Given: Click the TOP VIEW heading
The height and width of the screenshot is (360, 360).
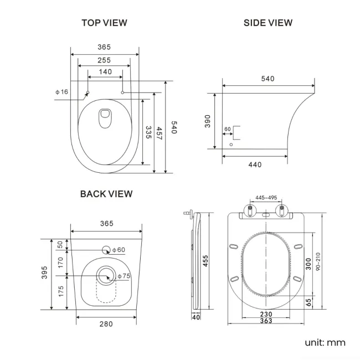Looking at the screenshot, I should (x=104, y=23).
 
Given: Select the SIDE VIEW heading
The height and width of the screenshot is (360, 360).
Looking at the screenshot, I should (x=268, y=23).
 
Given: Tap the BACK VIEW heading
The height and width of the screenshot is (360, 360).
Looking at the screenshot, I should (x=106, y=194).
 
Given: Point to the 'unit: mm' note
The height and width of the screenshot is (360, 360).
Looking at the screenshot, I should (x=325, y=342).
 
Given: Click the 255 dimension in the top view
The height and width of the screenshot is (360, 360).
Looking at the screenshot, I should (x=104, y=60).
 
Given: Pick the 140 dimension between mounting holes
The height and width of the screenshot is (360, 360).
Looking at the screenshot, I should (x=105, y=71).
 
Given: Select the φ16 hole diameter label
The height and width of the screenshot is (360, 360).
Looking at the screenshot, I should (x=61, y=91).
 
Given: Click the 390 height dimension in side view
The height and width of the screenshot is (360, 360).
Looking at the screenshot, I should (x=208, y=121).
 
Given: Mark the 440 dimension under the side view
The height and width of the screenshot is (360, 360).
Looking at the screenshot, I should (x=255, y=164).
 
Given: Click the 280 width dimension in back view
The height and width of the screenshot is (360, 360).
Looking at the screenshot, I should (x=106, y=324).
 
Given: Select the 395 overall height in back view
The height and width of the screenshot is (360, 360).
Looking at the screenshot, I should (x=45, y=274).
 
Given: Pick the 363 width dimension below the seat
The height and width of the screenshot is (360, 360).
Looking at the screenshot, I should (x=266, y=321).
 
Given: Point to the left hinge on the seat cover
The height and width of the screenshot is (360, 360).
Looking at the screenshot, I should (x=250, y=210).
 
